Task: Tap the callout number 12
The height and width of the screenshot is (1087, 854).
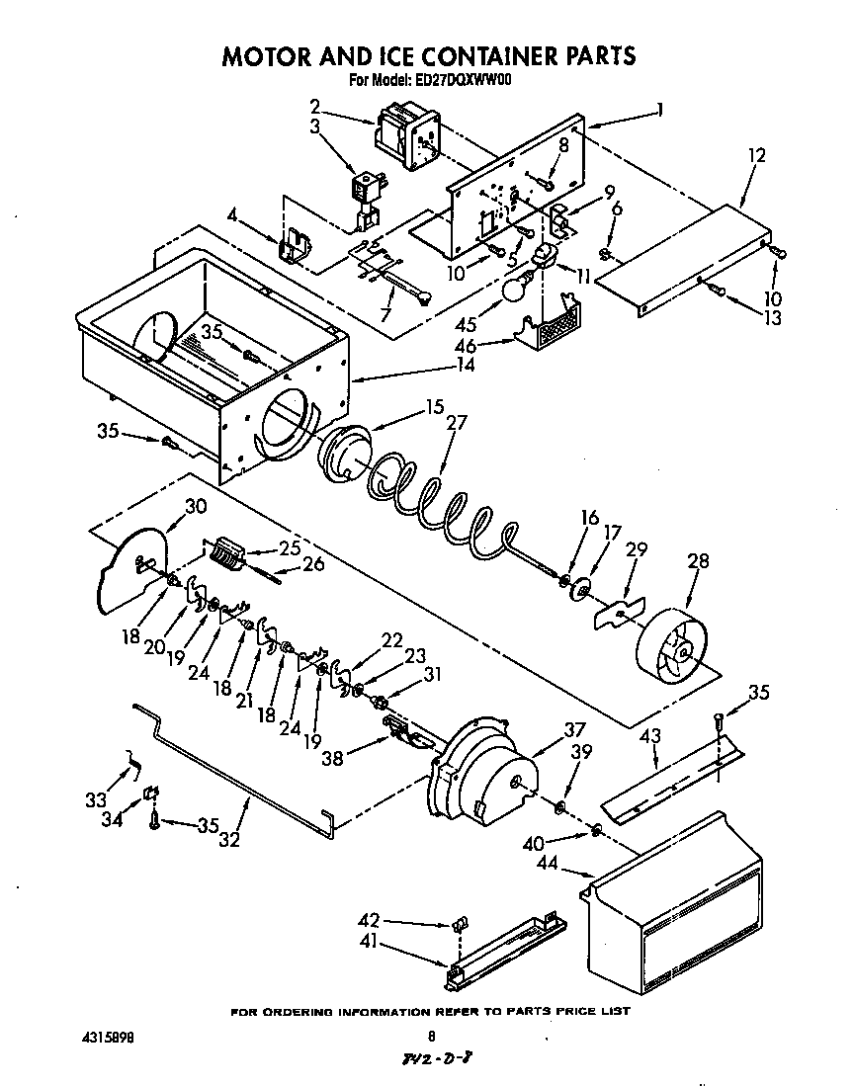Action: (x=756, y=155)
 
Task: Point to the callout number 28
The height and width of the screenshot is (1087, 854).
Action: (x=698, y=561)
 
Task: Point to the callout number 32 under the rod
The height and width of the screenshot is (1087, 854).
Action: (x=229, y=840)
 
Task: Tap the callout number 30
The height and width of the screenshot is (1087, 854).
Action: (x=196, y=505)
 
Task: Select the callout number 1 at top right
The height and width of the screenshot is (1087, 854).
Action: (x=659, y=110)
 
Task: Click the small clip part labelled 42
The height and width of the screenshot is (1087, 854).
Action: (x=458, y=925)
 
